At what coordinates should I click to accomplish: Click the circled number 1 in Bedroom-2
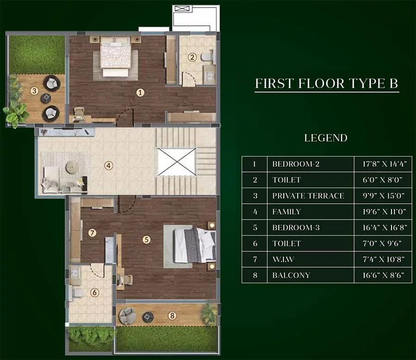pyautogui.click(x=141, y=92)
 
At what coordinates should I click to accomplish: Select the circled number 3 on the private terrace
pyautogui.click(x=34, y=91)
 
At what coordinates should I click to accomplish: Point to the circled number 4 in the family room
pyautogui.click(x=109, y=165)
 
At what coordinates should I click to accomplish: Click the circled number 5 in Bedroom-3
pyautogui.click(x=147, y=239)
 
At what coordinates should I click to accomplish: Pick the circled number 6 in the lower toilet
pyautogui.click(x=94, y=292)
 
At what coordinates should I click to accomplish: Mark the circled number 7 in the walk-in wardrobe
pyautogui.click(x=92, y=233)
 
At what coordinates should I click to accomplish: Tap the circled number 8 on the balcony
pyautogui.click(x=172, y=316)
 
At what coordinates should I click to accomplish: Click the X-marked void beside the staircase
pyautogui.click(x=177, y=162)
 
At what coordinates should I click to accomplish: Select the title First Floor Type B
pyautogui.click(x=326, y=84)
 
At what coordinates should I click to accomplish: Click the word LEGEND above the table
pyautogui.click(x=326, y=138)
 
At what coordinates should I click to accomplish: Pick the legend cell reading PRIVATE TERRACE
pyautogui.click(x=308, y=196)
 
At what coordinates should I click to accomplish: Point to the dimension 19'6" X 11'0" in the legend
pyautogui.click(x=381, y=212)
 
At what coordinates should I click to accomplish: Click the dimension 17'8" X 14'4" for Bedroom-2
pyautogui.click(x=381, y=164)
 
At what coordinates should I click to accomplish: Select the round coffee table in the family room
pyautogui.click(x=72, y=167)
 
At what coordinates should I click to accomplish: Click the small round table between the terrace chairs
pyautogui.click(x=46, y=98)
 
